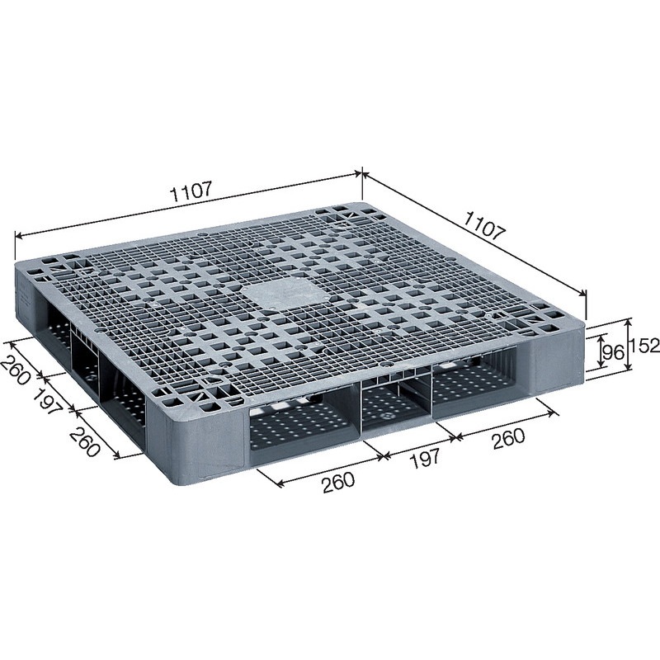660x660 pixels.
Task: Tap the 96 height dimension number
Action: [x=611, y=353]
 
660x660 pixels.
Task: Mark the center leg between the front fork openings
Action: [x=394, y=404]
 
